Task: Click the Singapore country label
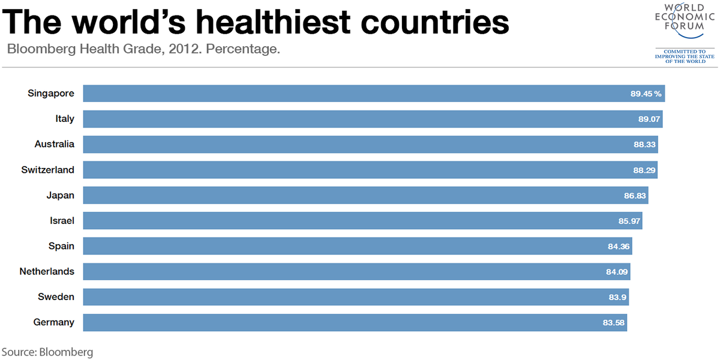coord(51,94)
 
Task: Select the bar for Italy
coord(372,119)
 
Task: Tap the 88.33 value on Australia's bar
coord(644,145)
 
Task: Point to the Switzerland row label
coord(48,170)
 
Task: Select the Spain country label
coord(61,246)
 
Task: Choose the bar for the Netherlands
coord(356,271)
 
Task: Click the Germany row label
coord(54,322)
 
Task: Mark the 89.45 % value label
coord(646,94)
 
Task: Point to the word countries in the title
coord(439,23)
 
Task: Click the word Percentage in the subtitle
coord(243,49)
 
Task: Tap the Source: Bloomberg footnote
coord(47,352)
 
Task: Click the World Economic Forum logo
coord(685,33)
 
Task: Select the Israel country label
coord(62,221)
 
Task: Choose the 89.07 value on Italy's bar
coord(649,119)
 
